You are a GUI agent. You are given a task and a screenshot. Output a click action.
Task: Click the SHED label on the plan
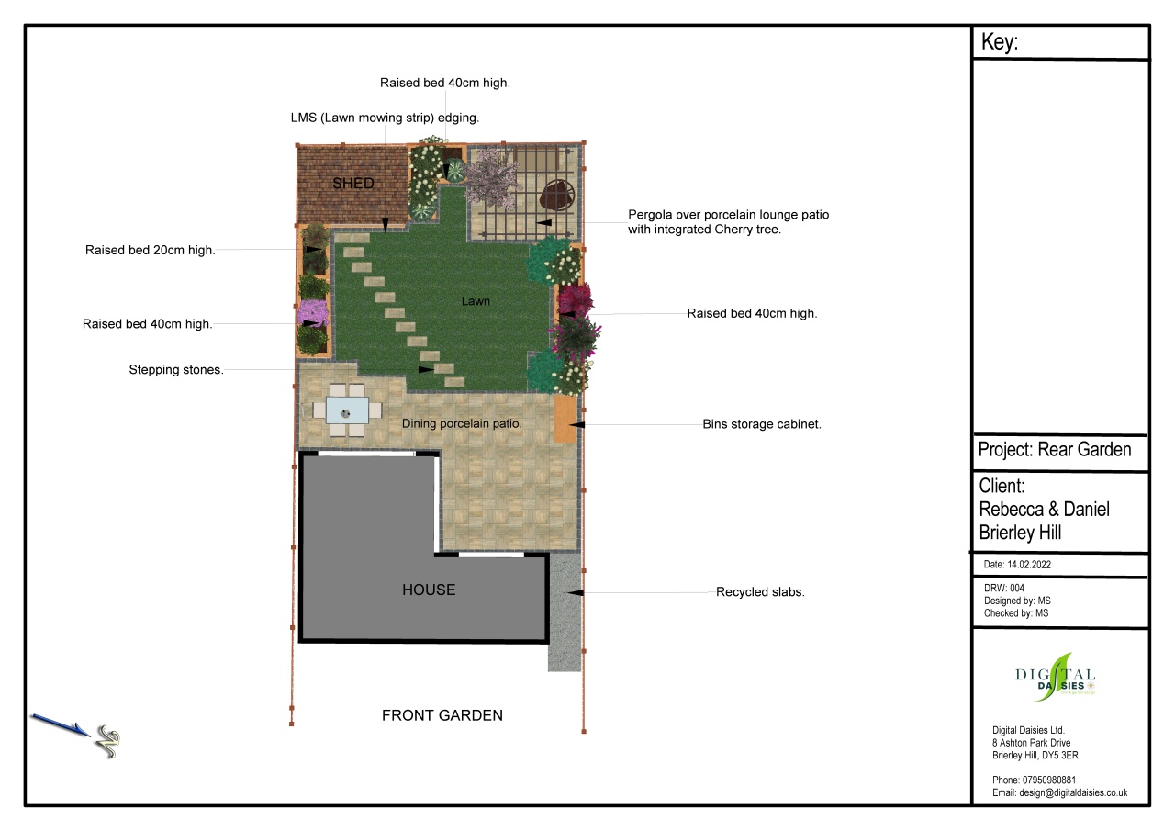click(353, 183)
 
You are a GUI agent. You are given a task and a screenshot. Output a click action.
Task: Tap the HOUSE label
click(429, 590)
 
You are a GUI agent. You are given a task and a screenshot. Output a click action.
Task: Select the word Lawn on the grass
click(476, 301)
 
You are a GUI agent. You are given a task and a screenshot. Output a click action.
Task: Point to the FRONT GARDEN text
click(442, 715)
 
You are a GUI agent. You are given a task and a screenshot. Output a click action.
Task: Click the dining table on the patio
click(347, 410)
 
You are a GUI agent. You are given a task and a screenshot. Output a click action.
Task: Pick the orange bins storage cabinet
click(565, 419)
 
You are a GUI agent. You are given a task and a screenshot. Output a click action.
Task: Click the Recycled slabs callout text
click(760, 591)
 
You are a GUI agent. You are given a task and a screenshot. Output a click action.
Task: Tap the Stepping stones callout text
click(176, 370)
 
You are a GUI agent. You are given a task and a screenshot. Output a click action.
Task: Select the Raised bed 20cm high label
click(150, 251)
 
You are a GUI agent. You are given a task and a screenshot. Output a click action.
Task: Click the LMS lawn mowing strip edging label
click(385, 118)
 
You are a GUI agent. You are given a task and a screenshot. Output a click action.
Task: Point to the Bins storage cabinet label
click(762, 424)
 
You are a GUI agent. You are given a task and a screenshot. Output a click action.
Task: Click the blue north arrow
click(61, 724)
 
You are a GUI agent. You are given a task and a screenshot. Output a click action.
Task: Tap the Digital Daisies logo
click(1056, 678)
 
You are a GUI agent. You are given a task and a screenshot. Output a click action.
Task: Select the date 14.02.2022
click(1029, 565)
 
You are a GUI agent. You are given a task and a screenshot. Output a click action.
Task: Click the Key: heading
click(1000, 42)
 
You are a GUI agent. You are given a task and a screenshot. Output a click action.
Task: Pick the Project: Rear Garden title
click(1055, 450)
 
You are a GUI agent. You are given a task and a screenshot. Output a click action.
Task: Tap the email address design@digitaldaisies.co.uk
click(1073, 792)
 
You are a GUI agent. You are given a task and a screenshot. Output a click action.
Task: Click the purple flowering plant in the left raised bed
click(312, 313)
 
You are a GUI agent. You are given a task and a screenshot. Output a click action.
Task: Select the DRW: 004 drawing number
click(1004, 588)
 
